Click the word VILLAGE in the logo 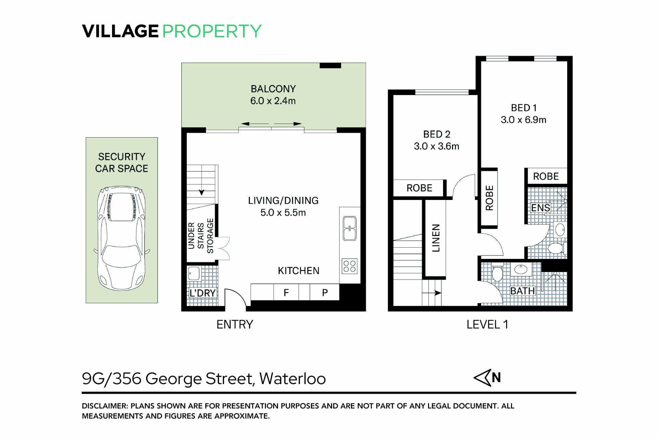(120, 31)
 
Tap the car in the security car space (122, 238)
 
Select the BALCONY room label (273, 89)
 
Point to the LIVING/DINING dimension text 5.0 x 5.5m (283, 213)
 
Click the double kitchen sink (350, 228)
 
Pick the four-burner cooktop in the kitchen (350, 266)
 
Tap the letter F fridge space (286, 293)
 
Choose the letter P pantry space (325, 293)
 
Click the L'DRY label (203, 293)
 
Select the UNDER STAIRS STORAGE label (201, 236)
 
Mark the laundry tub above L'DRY (194, 273)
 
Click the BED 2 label (437, 134)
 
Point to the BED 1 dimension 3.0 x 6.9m (523, 120)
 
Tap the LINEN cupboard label (436, 238)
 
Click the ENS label (540, 208)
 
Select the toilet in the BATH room (497, 273)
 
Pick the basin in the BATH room (521, 269)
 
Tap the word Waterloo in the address (292, 379)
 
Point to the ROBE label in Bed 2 (419, 188)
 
